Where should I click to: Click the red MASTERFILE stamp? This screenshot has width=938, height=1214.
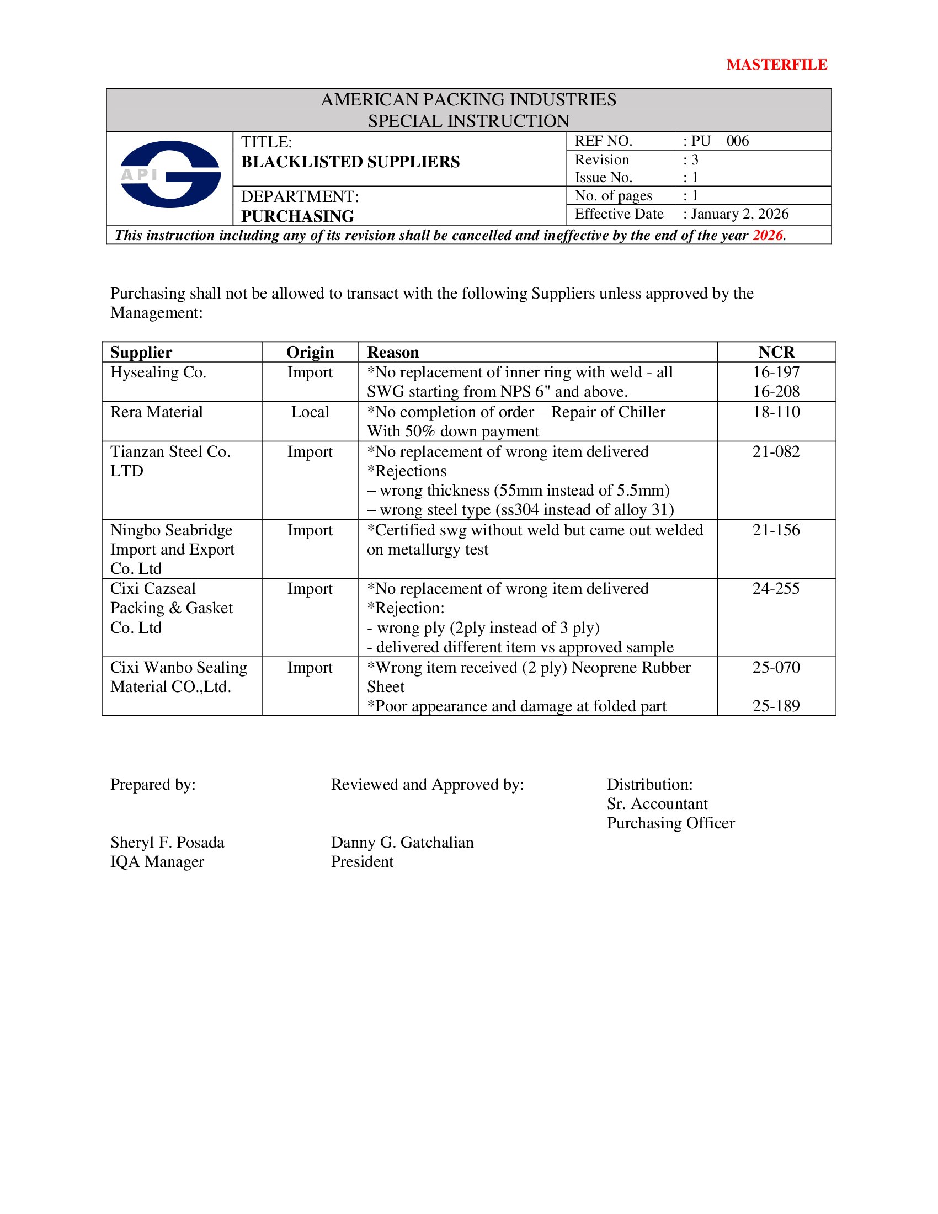[x=776, y=65]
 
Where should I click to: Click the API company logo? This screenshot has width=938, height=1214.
[x=170, y=174]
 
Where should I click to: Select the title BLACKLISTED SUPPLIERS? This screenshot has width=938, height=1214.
[x=350, y=162]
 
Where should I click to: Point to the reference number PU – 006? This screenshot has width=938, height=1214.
[x=720, y=141]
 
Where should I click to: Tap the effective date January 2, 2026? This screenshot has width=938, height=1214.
[x=739, y=214]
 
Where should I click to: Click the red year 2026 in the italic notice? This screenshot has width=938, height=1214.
[x=768, y=235]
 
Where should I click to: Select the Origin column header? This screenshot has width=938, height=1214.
[x=310, y=352]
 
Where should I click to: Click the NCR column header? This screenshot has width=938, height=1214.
[x=776, y=352]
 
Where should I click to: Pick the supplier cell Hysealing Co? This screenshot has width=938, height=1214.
[x=158, y=372]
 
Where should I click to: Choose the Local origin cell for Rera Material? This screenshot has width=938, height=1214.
[x=310, y=412]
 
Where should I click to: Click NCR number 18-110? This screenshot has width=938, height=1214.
[x=776, y=412]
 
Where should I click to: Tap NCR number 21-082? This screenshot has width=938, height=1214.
[x=776, y=451]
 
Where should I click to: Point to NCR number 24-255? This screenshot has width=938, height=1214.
[x=776, y=588]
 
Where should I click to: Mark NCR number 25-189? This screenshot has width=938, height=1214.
[x=776, y=706]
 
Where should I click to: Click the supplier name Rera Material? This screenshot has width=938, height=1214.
[x=157, y=412]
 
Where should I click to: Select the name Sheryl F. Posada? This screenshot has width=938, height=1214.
[x=167, y=842]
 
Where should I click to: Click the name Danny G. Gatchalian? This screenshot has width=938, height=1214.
[x=402, y=842]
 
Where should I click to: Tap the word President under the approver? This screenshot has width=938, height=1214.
[x=363, y=861]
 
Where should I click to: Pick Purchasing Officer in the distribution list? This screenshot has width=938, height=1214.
[x=671, y=823]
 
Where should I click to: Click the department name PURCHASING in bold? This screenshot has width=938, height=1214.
[x=298, y=216]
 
